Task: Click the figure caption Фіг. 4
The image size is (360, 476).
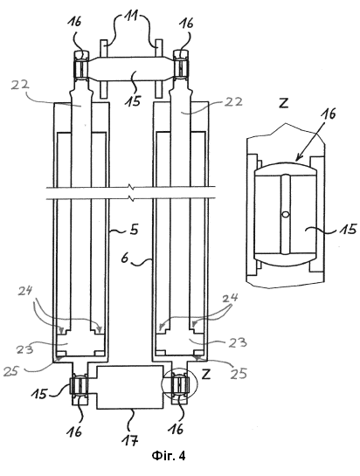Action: pos(169,456)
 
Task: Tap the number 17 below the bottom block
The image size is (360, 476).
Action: pos(131,439)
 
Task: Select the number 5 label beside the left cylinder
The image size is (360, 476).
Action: pos(134,230)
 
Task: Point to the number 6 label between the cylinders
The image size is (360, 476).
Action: pos(125,259)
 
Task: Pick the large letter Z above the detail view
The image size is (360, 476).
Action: pos(283,104)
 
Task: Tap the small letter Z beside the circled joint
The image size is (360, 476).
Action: pos(206,375)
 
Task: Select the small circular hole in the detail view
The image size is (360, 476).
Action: pos(285,215)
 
